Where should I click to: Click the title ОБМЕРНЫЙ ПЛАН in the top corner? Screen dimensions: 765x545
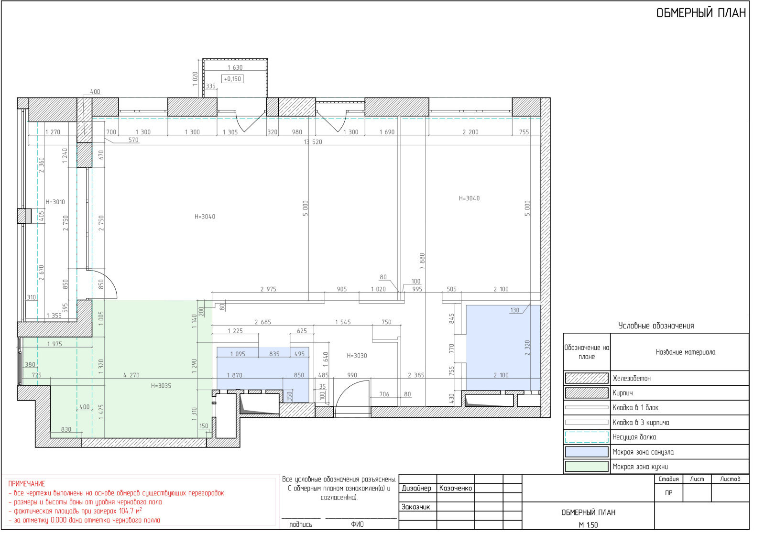(x=701, y=13)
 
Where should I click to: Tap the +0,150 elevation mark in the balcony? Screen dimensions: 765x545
(x=232, y=79)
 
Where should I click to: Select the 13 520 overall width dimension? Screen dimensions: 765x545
(x=313, y=142)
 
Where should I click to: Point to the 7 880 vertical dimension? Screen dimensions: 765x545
(x=422, y=261)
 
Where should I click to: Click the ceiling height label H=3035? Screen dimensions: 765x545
(x=161, y=386)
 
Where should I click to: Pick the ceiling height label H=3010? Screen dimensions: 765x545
(x=55, y=202)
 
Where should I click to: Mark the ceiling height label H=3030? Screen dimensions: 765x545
(x=357, y=356)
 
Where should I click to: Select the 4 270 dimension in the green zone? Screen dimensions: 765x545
(x=131, y=375)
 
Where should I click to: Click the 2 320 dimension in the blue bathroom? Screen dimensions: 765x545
(x=527, y=348)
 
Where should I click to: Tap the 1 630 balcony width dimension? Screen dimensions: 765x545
(x=235, y=67)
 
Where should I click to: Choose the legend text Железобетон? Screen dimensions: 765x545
(x=632, y=378)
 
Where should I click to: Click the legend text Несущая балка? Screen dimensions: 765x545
(x=634, y=437)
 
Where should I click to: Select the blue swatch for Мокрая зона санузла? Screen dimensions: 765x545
(x=587, y=452)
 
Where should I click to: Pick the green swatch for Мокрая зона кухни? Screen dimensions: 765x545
(x=587, y=467)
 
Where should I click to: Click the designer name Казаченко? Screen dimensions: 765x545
(x=456, y=488)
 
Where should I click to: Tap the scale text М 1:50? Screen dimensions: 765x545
(x=588, y=525)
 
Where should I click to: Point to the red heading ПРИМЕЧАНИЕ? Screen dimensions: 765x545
(x=27, y=484)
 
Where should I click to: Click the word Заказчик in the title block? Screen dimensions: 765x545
(x=415, y=507)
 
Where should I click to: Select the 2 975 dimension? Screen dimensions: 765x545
(x=268, y=289)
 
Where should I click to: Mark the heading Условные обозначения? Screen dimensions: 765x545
(x=656, y=326)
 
